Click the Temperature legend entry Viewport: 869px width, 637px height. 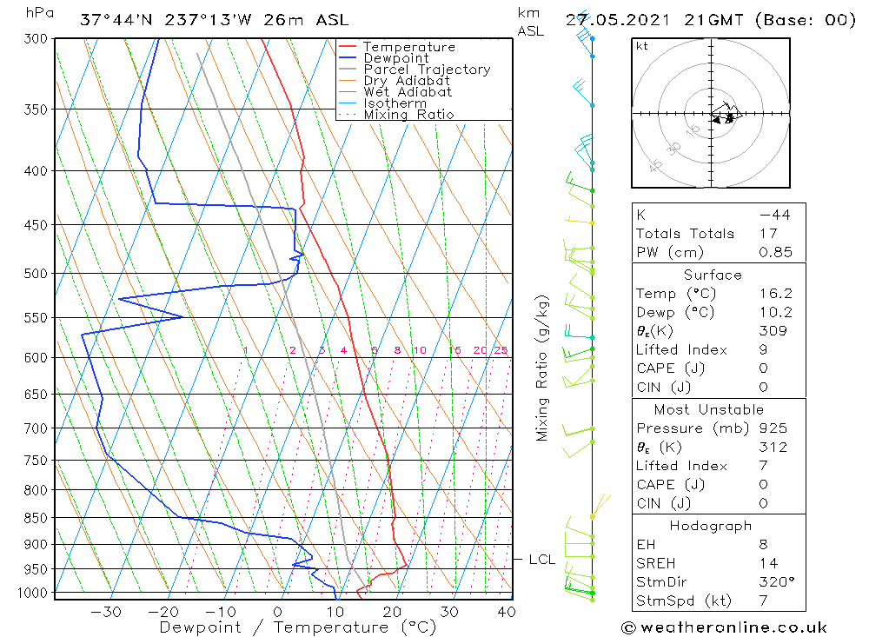pos(408,47)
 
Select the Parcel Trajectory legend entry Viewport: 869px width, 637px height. pos(427,70)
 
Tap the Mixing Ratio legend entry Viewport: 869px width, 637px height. pos(408,114)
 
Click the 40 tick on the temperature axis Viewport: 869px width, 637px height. pos(506,611)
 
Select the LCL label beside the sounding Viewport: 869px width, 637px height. pos(541,560)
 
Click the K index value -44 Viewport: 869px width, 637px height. pos(774,215)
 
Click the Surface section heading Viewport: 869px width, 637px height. pos(713,275)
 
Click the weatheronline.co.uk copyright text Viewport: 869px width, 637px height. pos(725,627)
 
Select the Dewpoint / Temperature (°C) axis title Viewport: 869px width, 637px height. pos(297,627)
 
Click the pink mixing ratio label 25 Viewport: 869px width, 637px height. pos(501,350)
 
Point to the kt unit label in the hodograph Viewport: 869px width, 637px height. pos(641,46)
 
